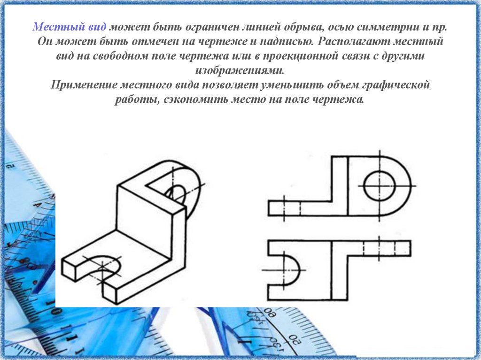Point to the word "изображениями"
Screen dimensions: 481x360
coord(240,70)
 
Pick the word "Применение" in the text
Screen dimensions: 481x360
coord(84,84)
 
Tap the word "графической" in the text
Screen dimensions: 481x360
coord(396,85)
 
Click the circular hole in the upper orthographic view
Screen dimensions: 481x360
coord(380,186)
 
